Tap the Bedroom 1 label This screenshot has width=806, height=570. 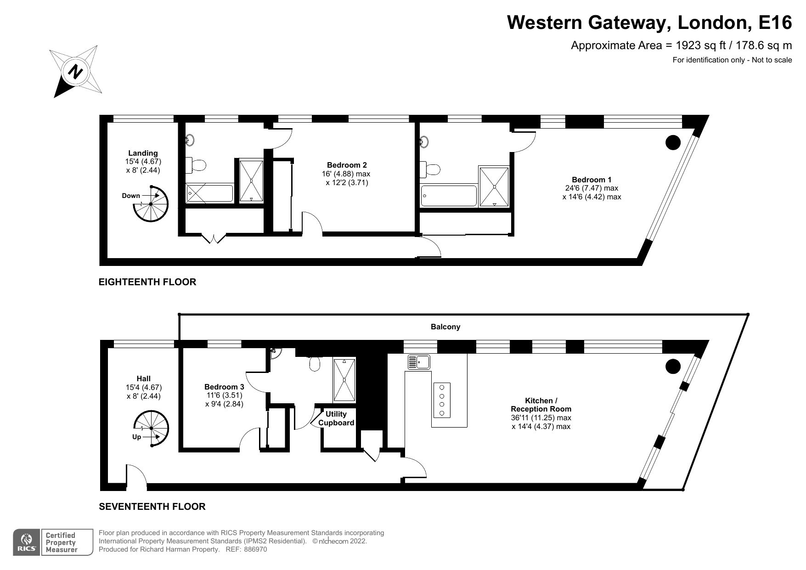[591, 180]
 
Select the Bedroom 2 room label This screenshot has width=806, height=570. [347, 165]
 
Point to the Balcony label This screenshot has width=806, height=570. [445, 327]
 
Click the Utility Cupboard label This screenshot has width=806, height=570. [336, 418]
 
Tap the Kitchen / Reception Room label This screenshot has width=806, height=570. [541, 405]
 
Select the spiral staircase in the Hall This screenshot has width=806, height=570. [151, 429]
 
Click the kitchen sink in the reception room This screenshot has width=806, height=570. [418, 362]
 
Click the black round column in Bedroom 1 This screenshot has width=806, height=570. [672, 142]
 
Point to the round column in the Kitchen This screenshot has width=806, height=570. [672, 367]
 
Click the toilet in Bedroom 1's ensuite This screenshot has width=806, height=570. [432, 169]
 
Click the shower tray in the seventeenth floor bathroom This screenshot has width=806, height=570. [344, 380]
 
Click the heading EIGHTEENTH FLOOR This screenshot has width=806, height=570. [147, 282]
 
